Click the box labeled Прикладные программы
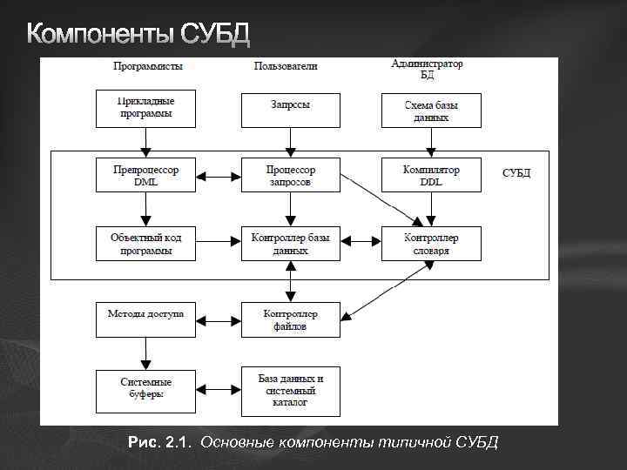[x=146, y=108]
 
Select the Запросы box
[x=290, y=108]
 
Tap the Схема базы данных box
[x=431, y=110]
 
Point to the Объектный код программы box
[x=146, y=243]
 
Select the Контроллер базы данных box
[x=290, y=243]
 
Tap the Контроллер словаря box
[x=431, y=243]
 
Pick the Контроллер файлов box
[x=290, y=319]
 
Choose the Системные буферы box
[x=146, y=388]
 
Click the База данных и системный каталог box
[x=290, y=391]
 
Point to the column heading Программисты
[x=146, y=66]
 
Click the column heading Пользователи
[x=286, y=66]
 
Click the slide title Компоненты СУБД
[x=138, y=34]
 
